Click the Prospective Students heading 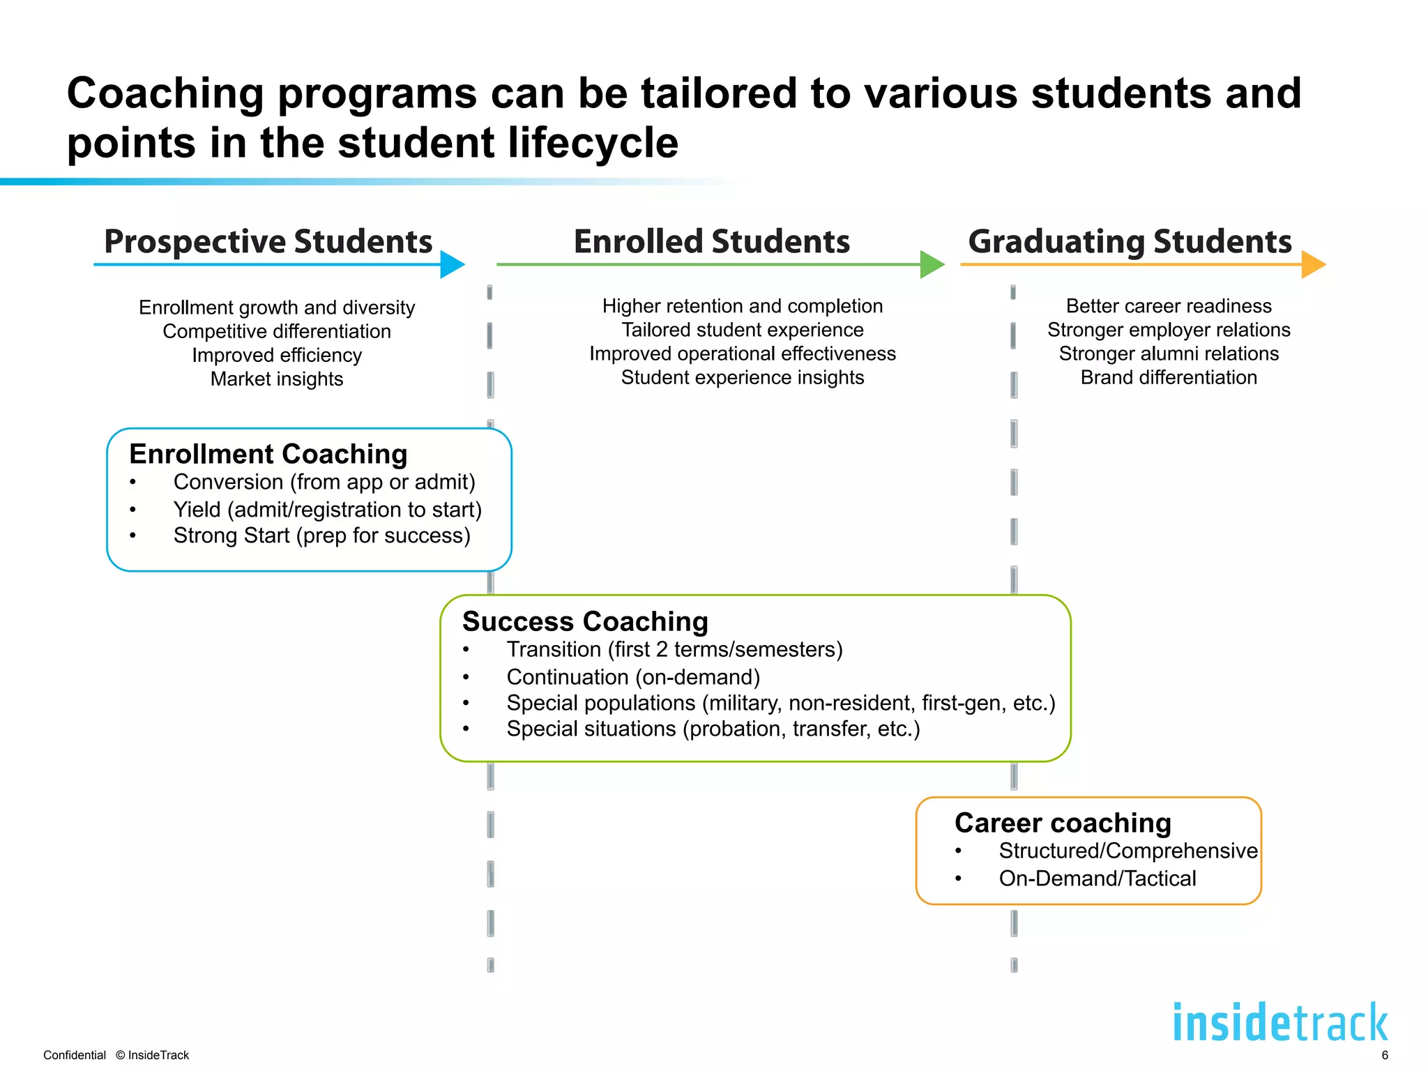(268, 242)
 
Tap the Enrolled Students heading (711, 242)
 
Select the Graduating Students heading (1130, 242)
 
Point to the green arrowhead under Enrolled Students (932, 264)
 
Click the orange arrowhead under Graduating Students (1313, 264)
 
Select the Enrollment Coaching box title (268, 454)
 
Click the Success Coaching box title (584, 621)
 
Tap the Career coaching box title (1063, 823)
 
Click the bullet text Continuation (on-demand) (633, 677)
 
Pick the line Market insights (277, 379)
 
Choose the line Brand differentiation (1169, 377)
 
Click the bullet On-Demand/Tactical (1097, 879)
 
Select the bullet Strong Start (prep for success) (321, 535)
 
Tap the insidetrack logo (1280, 1023)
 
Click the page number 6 (1385, 1055)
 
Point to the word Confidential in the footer (74, 1055)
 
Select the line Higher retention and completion (742, 306)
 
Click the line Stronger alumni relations (1169, 354)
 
